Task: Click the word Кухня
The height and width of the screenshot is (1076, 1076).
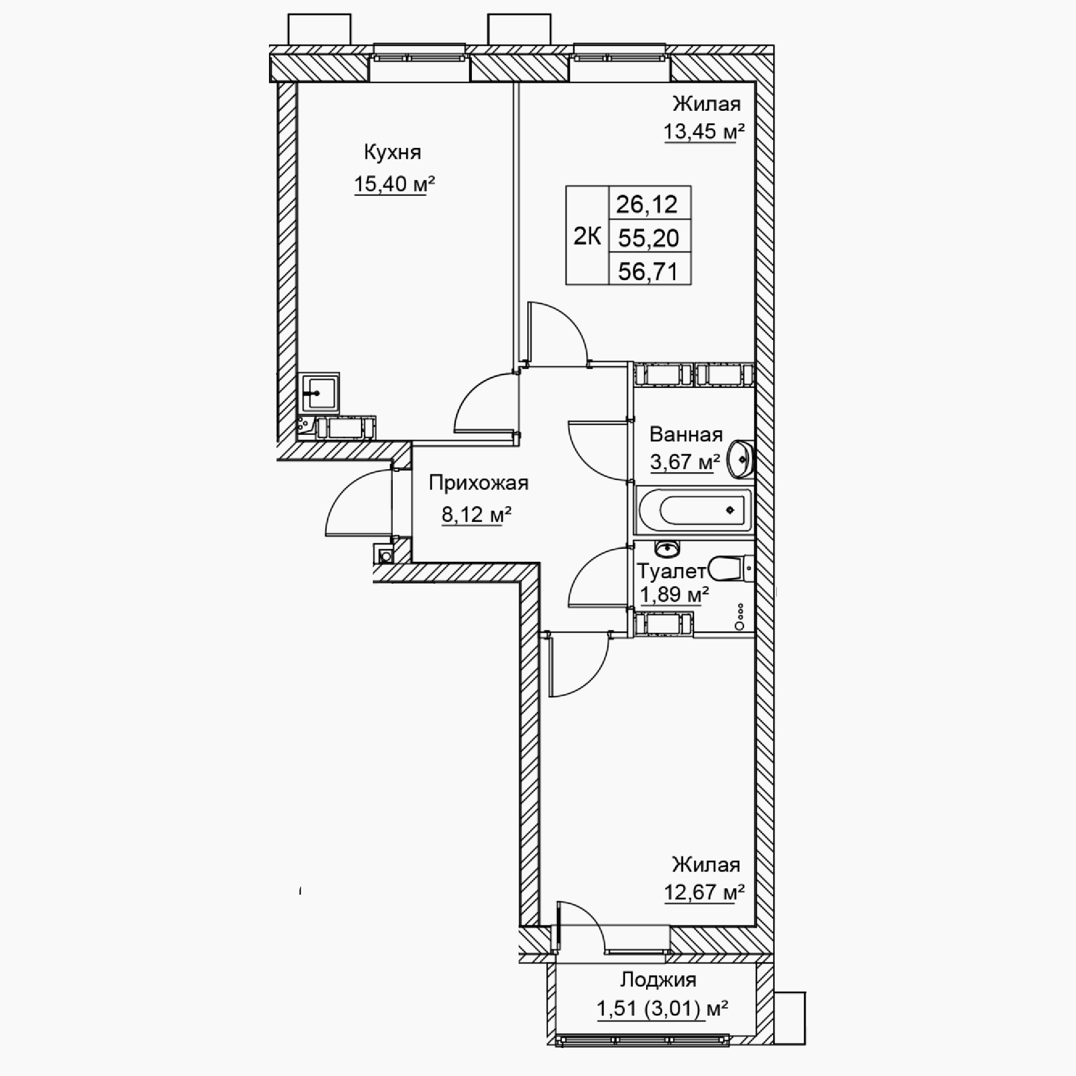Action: coord(393,152)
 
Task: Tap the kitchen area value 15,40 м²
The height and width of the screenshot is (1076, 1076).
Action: coord(394,183)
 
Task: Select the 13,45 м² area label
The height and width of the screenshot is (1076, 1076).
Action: coord(704,132)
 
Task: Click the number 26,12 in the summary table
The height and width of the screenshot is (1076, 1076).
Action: coord(647,204)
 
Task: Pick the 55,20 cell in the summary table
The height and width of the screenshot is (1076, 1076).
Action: coord(648,238)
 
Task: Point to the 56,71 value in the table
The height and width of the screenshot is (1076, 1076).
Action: coord(648,272)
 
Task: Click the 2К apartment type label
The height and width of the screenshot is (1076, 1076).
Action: coord(587,237)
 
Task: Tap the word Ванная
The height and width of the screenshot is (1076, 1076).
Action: coord(686,434)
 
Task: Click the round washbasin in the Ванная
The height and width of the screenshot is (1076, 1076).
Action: coord(741,459)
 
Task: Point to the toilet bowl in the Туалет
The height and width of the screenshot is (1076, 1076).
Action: coord(732,569)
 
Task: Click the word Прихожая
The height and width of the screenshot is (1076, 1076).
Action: coord(478,484)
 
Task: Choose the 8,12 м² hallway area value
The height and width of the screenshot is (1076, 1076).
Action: coord(477,514)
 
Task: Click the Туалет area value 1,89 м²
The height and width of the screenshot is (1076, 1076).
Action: coord(674,595)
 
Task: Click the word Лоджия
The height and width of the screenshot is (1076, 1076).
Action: coord(659,979)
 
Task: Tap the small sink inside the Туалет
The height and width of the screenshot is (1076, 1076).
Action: coord(667,549)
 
